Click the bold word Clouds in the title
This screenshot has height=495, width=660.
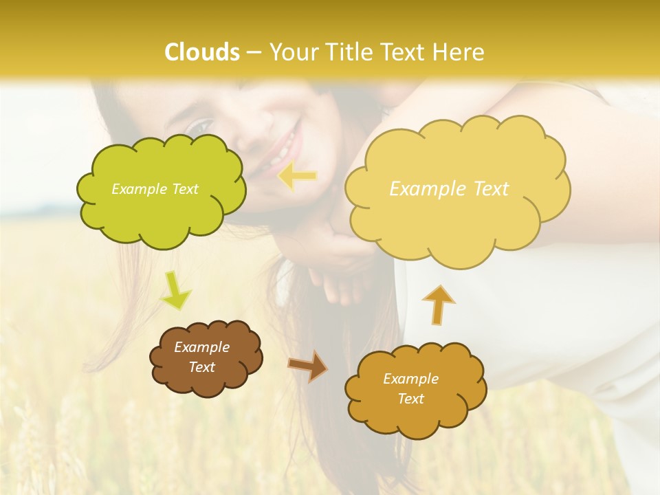202,52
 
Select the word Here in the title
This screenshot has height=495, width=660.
459,52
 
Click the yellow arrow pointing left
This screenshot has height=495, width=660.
298,177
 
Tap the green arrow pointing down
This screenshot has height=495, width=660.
175,290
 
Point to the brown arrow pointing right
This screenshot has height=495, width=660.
308,365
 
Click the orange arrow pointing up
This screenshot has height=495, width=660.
438,305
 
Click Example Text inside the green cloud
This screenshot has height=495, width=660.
155,189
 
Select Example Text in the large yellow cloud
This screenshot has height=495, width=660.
449,189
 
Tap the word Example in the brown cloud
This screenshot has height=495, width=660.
201,347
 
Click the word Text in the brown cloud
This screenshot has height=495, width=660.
201,367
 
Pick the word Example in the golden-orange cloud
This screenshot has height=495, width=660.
410,379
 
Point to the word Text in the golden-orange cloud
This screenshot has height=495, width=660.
410,399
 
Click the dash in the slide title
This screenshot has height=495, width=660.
253,53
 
